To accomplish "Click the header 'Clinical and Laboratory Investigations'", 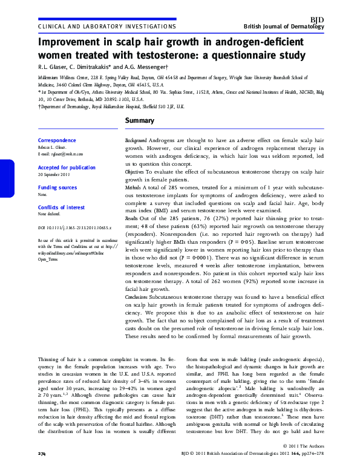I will coord(107,27).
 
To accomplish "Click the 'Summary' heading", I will coord(141,122).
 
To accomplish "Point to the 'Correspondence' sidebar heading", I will coord(57,140).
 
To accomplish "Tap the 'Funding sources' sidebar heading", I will coord(57,188).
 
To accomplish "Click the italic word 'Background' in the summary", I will coord(136,140).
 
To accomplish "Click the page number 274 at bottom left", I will coord(42,469).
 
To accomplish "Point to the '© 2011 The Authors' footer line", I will coord(304,462).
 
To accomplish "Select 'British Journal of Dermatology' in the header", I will coord(284,28).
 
